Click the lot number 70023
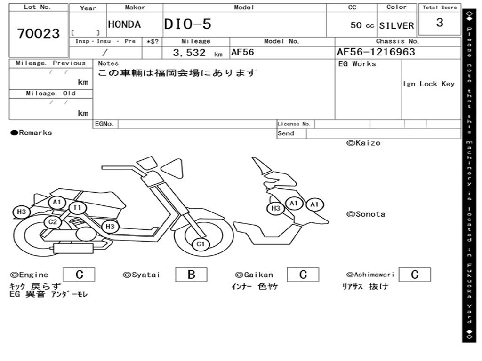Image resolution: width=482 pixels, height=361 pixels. point(39,33)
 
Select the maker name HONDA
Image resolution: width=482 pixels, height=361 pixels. point(124,24)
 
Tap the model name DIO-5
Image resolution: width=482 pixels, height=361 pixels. point(188,24)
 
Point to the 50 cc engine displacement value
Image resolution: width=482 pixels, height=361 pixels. point(362,25)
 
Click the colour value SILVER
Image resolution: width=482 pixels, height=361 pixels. point(396,25)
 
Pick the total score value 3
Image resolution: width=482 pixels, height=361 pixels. point(440,23)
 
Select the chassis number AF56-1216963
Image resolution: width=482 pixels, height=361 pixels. point(376,52)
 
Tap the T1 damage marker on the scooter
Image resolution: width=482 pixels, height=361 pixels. point(77,207)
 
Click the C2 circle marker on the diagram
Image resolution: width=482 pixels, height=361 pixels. point(53,222)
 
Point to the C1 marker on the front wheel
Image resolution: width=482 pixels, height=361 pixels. point(201,244)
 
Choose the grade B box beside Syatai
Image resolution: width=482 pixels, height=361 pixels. point(191,275)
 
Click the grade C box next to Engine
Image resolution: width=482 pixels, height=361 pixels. point(79,275)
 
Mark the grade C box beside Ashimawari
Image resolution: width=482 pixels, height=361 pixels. point(414,275)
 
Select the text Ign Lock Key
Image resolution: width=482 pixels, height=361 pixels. point(429,84)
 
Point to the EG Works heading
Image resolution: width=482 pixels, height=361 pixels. point(357,64)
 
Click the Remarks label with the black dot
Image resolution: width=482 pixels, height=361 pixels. point(32,133)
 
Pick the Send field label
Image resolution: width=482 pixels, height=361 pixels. point(286,133)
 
